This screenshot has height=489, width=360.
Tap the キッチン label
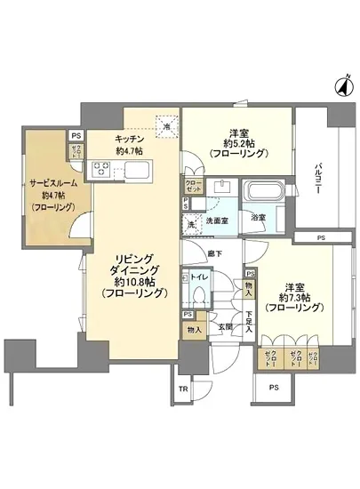click(130, 139)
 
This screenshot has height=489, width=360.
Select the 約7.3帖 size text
click(294, 299)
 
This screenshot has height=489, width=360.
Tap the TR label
click(184, 389)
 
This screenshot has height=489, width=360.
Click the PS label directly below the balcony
click(321, 237)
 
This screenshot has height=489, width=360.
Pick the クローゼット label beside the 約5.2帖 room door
click(194, 186)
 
